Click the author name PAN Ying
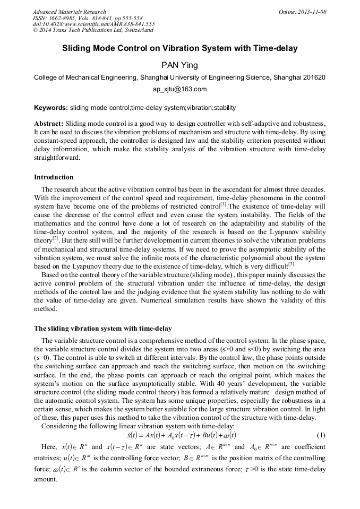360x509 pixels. pos(179,65)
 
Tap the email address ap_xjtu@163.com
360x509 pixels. pos(179,89)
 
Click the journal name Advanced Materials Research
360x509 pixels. pos(69,12)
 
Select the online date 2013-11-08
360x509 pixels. pos(312,12)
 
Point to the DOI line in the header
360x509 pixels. pos(93,24)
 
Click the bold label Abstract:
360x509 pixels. pos(49,123)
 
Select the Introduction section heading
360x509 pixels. pos(54,177)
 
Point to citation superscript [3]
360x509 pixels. pos(291,264)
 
